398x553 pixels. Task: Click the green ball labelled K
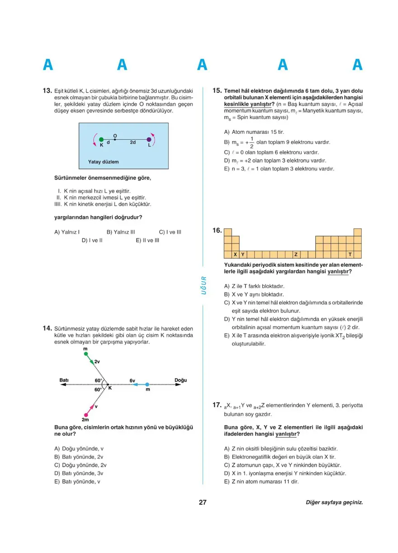tap(101, 140)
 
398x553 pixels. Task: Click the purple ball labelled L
tap(149, 140)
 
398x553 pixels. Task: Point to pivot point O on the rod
tap(115, 139)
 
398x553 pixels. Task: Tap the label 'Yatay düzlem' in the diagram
tap(104, 161)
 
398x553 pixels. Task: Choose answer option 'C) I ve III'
tap(170, 232)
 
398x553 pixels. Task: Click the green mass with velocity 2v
tap(86, 354)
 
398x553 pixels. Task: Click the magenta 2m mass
tap(85, 414)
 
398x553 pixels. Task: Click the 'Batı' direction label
tap(64, 380)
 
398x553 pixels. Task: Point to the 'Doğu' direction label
tap(180, 380)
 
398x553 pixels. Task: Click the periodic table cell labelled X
tap(236, 254)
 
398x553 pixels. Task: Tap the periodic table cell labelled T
tap(350, 254)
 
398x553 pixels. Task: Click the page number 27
tap(202, 502)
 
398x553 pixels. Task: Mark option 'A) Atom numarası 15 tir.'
tap(254, 132)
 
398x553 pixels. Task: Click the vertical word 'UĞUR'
tap(203, 286)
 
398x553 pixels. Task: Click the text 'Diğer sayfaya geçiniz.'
tap(334, 502)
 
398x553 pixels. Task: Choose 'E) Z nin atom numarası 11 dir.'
tap(261, 482)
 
